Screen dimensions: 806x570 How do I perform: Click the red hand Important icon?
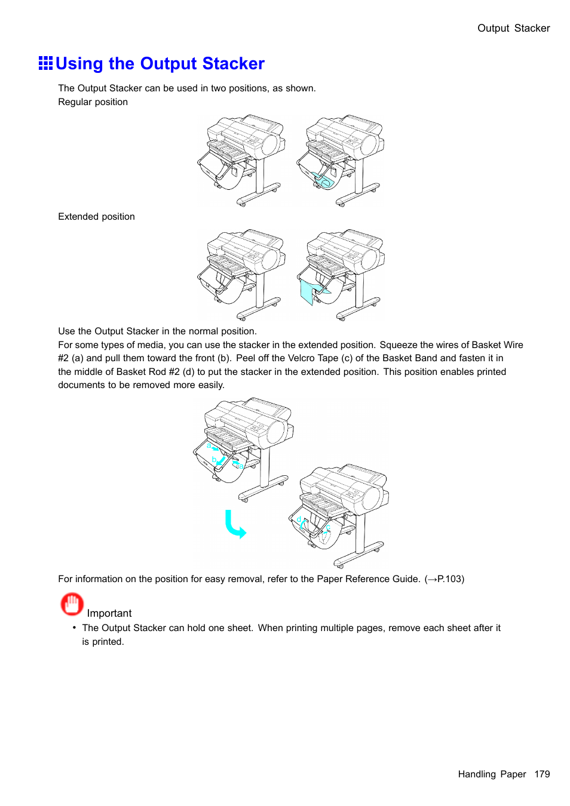click(72, 604)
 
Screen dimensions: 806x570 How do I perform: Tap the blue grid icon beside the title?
click(45, 63)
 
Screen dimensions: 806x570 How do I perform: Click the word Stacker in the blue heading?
click(233, 64)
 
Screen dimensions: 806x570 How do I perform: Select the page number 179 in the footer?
click(542, 774)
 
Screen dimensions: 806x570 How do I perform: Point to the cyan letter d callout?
click(299, 519)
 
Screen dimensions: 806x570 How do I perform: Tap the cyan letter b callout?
click(214, 460)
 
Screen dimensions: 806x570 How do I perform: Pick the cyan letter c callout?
click(328, 528)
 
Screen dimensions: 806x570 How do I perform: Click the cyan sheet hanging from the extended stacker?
click(308, 293)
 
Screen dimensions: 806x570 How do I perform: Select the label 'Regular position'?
click(93, 102)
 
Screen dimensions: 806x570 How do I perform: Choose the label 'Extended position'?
click(96, 217)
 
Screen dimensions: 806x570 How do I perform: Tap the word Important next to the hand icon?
click(109, 613)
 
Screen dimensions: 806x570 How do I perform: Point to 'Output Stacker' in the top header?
click(513, 28)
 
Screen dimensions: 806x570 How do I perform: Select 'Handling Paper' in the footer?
click(492, 774)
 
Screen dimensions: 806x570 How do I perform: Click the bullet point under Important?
click(75, 627)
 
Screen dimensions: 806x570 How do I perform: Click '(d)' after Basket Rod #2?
click(188, 372)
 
